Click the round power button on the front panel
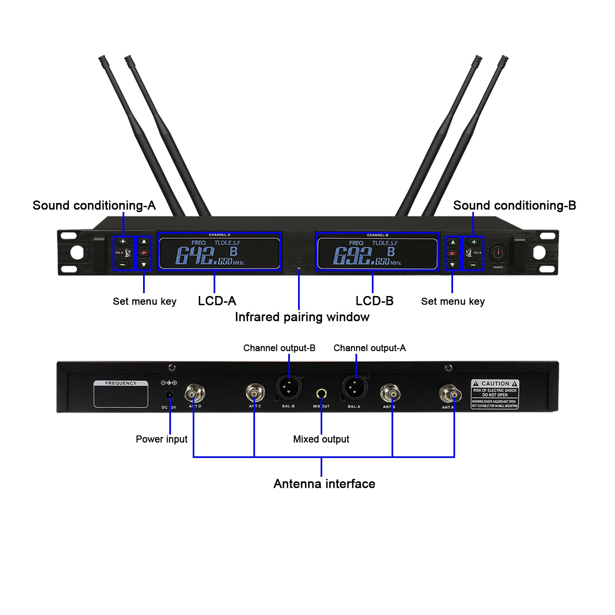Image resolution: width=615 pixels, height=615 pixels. tap(498, 253)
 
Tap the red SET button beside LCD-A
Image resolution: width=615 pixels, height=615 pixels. tap(144, 253)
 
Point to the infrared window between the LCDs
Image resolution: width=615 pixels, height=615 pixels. tap(299, 261)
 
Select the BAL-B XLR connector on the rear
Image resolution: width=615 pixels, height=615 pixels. tap(289, 387)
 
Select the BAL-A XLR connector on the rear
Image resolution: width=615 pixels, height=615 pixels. tap(355, 387)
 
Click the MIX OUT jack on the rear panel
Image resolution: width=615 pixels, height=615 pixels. tap(321, 394)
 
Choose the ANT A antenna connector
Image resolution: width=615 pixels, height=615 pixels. tap(450, 394)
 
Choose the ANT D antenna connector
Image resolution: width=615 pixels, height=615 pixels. tap(194, 394)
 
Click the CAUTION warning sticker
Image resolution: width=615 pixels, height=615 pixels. tap(495, 394)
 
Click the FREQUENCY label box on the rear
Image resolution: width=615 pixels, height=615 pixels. tap(121, 394)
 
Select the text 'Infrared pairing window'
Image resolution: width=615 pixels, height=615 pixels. tap(302, 317)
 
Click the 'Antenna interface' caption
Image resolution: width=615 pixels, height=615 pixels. tap(324, 484)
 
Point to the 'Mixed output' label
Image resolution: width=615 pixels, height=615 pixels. tap(321, 439)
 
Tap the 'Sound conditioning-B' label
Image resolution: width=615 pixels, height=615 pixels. tap(515, 205)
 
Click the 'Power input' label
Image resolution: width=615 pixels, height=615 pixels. tap(162, 439)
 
